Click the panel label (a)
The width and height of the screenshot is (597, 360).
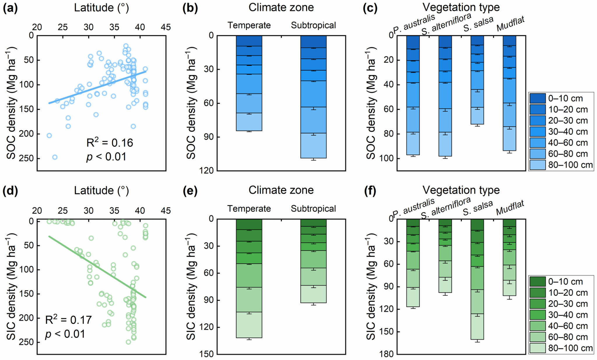10,8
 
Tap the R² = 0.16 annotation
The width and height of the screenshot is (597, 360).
110,143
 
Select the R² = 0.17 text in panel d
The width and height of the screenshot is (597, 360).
68,320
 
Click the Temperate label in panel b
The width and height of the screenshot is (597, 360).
249,25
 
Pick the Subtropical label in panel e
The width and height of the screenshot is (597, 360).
313,209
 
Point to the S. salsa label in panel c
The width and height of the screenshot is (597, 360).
478,24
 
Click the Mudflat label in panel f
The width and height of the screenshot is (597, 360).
510,207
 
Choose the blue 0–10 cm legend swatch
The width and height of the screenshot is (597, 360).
537,98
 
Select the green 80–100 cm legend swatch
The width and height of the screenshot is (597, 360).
537,348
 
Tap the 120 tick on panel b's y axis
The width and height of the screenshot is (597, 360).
207,171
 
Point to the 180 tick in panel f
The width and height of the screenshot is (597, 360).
387,354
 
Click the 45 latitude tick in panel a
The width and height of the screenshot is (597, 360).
166,27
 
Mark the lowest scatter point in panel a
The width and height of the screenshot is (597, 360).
55,157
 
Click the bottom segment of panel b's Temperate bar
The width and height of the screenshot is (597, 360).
249,122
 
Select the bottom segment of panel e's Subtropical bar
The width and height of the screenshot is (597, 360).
313,294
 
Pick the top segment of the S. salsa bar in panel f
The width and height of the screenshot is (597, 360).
477,225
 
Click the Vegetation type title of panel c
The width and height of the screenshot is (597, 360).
461,7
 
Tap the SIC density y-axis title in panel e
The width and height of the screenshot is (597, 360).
191,287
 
